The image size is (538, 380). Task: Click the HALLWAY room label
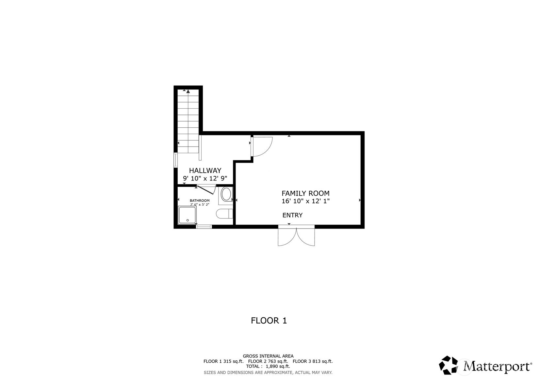205,170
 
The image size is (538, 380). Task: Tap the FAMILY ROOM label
305,193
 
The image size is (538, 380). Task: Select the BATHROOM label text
200,200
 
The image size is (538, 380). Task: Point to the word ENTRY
292,215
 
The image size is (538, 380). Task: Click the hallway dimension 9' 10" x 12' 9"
205,178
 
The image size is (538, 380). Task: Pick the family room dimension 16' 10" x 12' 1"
305,201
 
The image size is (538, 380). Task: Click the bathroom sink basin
226,194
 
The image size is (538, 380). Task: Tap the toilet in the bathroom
224,214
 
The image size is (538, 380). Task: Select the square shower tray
187,215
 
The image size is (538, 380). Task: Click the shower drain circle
187,220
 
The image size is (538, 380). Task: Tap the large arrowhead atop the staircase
188,91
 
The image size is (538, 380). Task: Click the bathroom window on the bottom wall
204,226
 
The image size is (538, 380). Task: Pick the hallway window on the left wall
175,160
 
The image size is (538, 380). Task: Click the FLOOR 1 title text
269,321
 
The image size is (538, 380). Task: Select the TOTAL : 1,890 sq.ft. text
268,366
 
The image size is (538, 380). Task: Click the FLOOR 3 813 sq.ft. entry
313,361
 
